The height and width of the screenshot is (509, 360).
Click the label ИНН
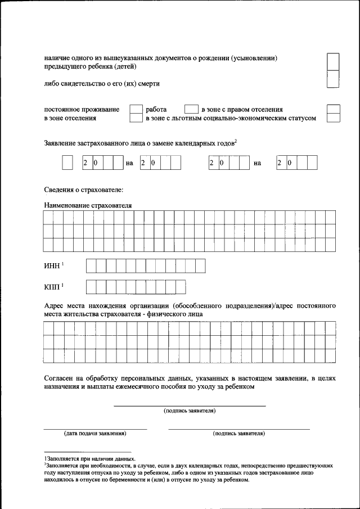(x=51, y=266)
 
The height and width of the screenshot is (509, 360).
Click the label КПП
(x=52, y=287)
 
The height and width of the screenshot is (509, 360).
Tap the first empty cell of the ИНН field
(x=91, y=265)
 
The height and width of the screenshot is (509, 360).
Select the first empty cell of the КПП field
(x=91, y=287)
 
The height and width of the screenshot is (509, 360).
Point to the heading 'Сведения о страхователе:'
(x=83, y=191)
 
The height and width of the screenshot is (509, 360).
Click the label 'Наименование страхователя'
(x=88, y=206)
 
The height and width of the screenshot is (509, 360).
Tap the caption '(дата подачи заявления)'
(x=95, y=434)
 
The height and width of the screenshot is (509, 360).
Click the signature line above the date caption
(x=95, y=429)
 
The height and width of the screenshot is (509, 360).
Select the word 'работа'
(x=156, y=109)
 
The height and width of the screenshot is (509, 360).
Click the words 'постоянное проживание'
(x=82, y=109)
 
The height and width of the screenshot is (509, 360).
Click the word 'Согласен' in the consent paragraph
(x=59, y=378)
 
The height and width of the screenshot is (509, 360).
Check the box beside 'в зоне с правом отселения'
(x=192, y=109)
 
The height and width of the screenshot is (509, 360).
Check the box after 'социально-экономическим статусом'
(x=333, y=118)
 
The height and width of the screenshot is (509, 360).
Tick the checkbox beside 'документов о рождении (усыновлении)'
(x=333, y=61)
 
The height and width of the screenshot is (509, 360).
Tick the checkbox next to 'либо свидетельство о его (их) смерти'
(x=333, y=79)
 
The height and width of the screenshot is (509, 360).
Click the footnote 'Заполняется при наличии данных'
(x=90, y=459)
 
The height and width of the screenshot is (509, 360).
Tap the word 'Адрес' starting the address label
(x=55, y=305)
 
